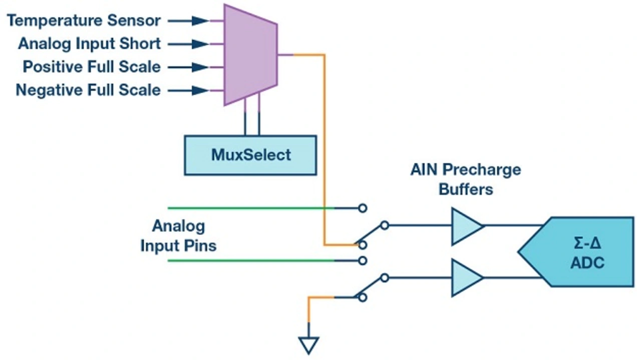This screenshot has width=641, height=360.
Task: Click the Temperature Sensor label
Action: point(84,21)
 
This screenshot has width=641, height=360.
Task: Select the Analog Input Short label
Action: point(89,44)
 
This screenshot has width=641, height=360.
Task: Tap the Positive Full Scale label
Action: point(92,67)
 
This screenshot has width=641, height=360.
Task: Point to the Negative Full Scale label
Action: point(88,90)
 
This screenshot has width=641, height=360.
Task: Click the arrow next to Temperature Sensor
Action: point(188,21)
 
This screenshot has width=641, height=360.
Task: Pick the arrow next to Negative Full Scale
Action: point(188,91)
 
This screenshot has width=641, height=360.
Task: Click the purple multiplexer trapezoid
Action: point(251,55)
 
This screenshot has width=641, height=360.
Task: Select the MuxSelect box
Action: point(250,155)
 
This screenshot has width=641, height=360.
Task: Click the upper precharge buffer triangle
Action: point(466,226)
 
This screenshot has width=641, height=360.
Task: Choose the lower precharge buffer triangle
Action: point(466,277)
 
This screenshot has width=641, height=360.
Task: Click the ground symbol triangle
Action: point(309,345)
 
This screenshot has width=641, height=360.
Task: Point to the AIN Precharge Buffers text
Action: point(466,179)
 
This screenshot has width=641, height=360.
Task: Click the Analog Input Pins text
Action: point(178,235)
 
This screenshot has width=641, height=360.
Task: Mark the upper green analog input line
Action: point(251,208)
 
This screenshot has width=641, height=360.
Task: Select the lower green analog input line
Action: point(251,261)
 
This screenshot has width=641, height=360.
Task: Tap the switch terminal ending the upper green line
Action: point(363,208)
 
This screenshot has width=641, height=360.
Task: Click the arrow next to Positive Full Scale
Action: point(188,67)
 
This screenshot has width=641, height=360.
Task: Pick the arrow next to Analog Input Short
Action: point(188,44)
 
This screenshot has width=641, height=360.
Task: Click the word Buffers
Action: point(466,189)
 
